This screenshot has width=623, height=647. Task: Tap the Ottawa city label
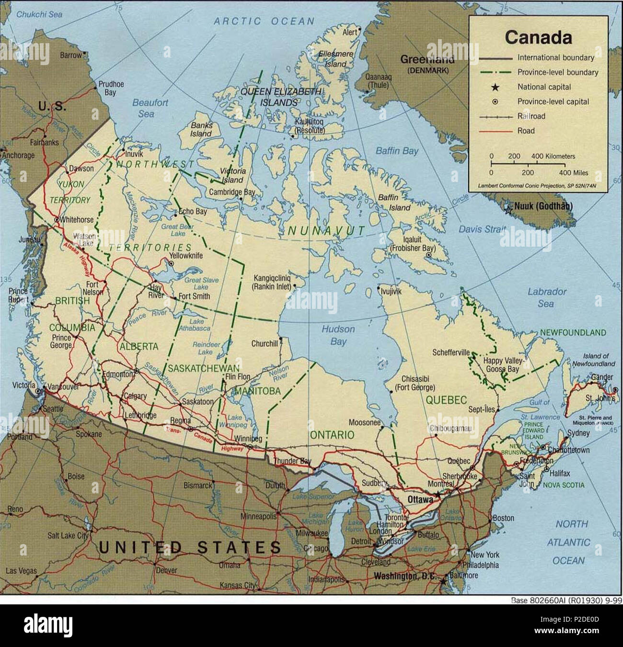[420, 499]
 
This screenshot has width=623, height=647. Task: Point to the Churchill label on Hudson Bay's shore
[265, 343]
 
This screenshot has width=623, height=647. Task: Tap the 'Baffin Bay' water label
[397, 151]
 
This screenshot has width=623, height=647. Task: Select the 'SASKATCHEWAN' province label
[203, 368]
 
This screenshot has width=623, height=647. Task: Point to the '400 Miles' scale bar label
[573, 173]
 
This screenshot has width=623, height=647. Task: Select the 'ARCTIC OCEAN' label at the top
[264, 21]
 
